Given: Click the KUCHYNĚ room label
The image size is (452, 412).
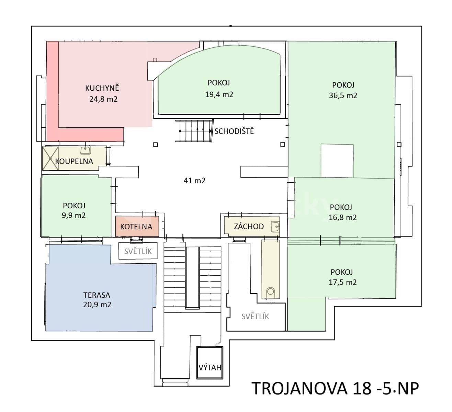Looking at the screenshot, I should click(102, 88).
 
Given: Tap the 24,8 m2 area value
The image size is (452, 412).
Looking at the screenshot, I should click(103, 99).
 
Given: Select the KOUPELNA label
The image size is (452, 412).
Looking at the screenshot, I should click(74, 161).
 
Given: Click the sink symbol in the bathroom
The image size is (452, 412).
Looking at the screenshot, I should click(85, 150).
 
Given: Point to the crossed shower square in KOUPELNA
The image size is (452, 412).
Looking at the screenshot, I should click(50, 158).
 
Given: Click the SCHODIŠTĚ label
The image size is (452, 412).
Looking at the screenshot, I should click(234, 131).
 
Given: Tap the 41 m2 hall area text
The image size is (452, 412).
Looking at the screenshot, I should click(194, 180).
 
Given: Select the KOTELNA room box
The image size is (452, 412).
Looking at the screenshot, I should click(137, 226).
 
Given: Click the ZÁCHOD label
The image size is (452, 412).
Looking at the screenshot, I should click(249, 226).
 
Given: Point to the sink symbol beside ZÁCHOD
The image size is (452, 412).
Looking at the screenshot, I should click(275, 226).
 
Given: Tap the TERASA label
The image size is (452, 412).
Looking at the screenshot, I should click(97, 295).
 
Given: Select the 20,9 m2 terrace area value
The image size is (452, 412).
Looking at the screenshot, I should click(97, 305).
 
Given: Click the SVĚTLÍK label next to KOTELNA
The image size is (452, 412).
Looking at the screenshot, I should click(138, 251).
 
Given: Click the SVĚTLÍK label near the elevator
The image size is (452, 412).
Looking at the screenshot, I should click(255, 316).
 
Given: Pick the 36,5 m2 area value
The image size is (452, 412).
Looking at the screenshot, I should click(343, 95).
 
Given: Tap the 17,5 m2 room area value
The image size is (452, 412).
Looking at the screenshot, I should click(342, 282).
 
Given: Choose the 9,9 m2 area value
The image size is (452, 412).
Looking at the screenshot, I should click(74, 216).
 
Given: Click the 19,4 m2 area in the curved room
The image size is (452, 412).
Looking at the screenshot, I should click(219, 94).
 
